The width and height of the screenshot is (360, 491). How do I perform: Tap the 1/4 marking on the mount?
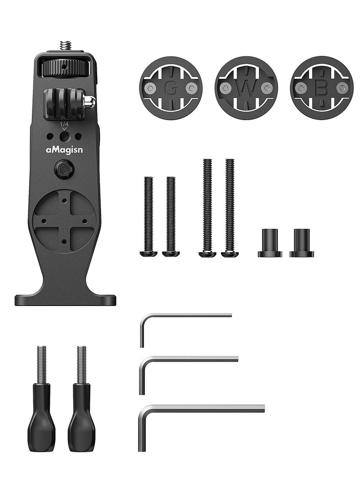(64, 124)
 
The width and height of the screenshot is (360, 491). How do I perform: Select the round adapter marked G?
(171, 88)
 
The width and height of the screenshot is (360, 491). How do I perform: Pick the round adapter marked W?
(246, 88)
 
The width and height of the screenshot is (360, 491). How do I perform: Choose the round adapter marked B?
(321, 88)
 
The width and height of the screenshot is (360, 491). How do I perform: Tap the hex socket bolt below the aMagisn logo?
(64, 170)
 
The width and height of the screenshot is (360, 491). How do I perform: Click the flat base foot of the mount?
(65, 300)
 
